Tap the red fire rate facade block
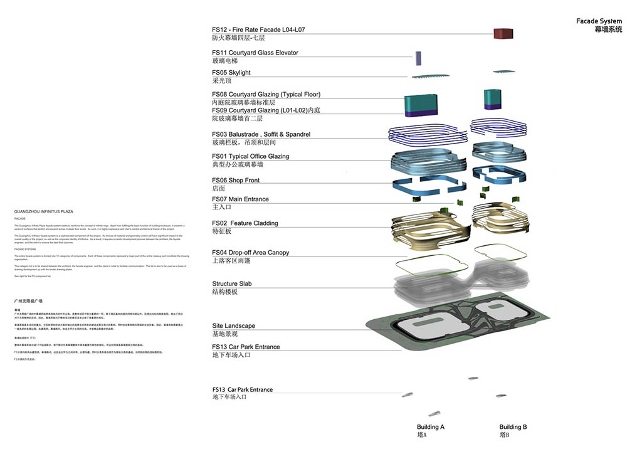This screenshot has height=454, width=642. (503, 34)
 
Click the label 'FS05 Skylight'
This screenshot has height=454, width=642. (231, 73)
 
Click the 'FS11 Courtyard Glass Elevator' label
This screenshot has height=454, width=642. (255, 53)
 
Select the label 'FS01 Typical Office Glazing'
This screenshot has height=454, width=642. (251, 156)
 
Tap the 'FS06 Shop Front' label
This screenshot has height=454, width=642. (236, 180)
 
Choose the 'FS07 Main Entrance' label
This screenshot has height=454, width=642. (240, 199)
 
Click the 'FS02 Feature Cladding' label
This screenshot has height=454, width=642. (245, 223)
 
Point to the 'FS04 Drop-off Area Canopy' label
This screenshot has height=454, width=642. (251, 253)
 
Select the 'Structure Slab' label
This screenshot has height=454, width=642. (232, 283)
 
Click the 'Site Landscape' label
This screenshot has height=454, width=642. (234, 326)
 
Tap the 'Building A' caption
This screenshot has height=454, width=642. (431, 427)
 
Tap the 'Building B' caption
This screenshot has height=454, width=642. (513, 427)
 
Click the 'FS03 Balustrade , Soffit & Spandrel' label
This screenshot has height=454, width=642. (261, 134)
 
